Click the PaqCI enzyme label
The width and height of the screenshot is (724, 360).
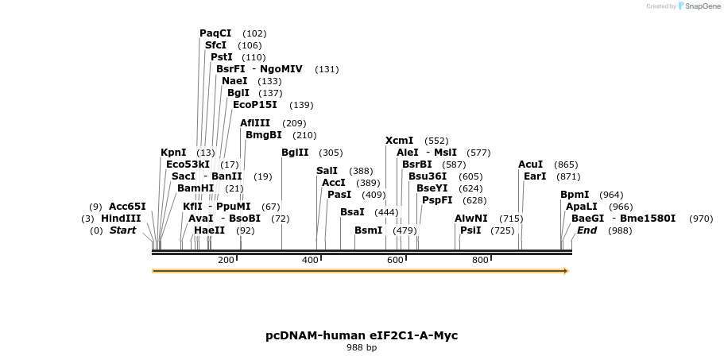215,33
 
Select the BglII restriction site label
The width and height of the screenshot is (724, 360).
295,153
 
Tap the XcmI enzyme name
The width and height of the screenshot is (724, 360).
400,141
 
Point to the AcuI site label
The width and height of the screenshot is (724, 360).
531,165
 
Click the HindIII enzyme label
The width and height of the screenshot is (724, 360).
121,219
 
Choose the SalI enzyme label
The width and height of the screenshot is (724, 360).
327,171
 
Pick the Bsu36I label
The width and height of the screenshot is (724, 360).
428,176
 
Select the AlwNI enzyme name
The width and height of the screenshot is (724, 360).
471,219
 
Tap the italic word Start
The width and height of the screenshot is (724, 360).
123,230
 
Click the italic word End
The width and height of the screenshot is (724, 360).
587,230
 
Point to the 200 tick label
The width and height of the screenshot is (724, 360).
226,260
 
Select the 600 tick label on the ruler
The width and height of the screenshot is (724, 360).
394,260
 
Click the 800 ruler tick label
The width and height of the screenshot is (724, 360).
480,260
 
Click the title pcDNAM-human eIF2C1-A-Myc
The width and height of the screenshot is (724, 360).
362,335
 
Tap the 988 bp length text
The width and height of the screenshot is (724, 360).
362,348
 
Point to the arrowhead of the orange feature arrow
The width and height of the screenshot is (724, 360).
566,271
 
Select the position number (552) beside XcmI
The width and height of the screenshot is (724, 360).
436,141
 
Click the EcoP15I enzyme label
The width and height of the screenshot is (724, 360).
255,105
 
